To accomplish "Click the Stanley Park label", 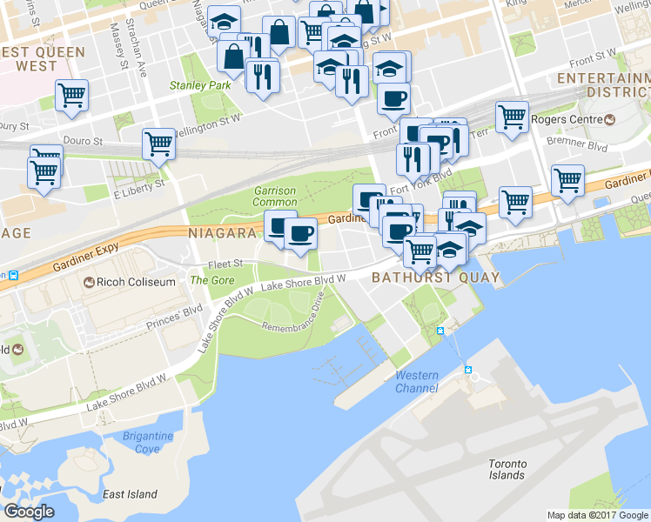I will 200,85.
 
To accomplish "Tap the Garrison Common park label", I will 275,196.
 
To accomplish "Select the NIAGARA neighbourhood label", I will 222,233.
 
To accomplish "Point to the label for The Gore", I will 211,280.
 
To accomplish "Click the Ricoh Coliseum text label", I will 131,283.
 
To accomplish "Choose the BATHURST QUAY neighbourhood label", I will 435,278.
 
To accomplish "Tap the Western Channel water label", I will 417,381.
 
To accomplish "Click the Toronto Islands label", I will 506,469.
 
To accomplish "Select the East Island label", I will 129,494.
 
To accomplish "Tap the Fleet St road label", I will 225,264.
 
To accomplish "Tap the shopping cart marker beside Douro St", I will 159,144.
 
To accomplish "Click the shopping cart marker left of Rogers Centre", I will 512,116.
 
